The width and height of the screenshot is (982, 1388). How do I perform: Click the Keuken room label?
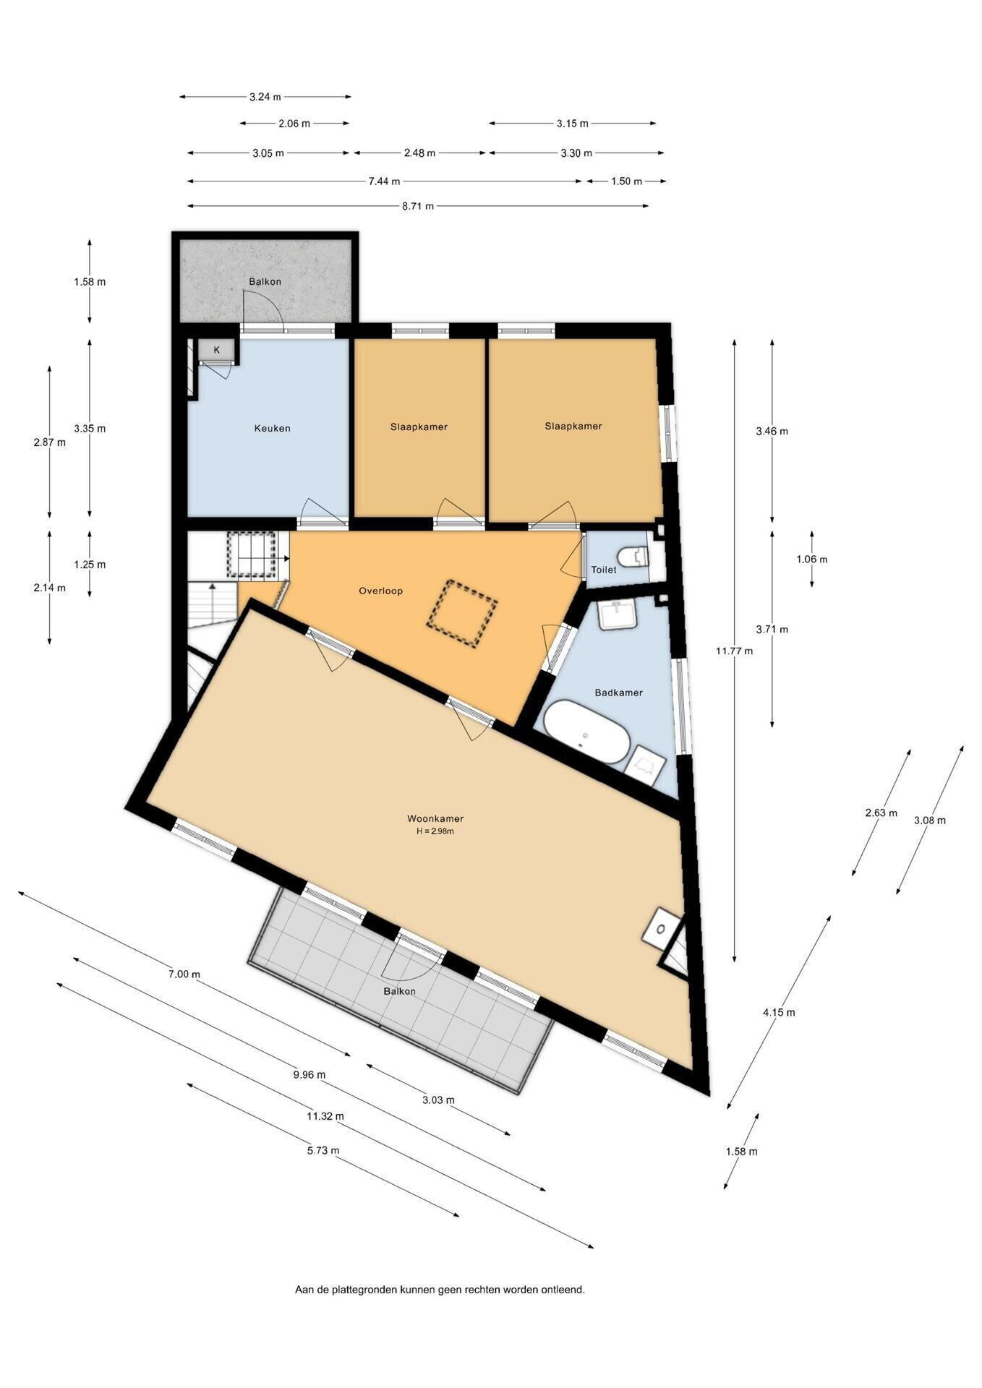point(272,428)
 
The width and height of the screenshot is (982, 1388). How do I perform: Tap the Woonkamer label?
point(435,818)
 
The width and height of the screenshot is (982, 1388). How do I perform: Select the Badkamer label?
point(618,692)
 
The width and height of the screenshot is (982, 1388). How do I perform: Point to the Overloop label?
point(380,591)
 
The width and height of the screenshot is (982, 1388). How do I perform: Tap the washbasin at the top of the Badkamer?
point(617,614)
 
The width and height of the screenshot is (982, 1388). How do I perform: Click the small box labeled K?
point(216,350)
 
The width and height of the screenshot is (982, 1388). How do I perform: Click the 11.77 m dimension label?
point(734,651)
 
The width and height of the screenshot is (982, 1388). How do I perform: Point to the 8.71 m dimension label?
point(418,206)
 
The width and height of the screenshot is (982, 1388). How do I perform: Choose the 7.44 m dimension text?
point(384,181)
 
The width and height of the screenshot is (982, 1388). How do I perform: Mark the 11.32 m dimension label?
point(325,1115)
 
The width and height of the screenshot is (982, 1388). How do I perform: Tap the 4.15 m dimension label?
point(779,1012)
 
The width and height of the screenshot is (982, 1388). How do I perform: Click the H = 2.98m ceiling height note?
point(435,831)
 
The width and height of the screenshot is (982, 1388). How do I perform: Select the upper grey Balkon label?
point(265,281)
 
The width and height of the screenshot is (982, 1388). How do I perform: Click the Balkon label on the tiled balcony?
point(400,991)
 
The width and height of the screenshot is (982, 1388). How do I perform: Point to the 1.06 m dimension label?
point(812,559)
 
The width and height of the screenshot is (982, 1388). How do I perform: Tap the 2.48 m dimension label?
point(420,153)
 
